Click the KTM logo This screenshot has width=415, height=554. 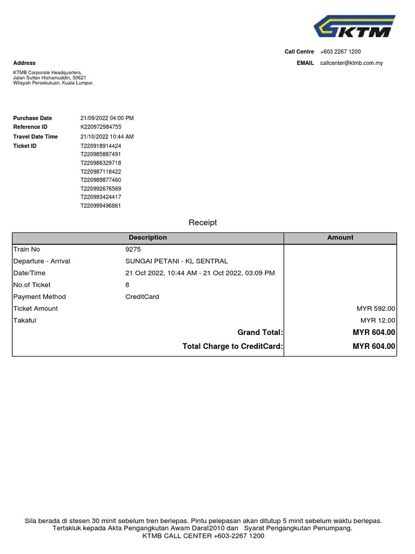354,27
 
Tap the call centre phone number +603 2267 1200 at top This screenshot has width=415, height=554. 340,52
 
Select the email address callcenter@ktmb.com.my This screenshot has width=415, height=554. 351,63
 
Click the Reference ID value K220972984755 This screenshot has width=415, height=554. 101,127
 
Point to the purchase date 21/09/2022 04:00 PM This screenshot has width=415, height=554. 107,118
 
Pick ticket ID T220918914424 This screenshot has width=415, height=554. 101,146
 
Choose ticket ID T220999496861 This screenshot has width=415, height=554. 101,206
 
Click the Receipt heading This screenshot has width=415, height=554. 203,222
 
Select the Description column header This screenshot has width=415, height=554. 148,238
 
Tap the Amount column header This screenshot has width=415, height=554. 340,238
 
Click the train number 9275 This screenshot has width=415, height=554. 133,249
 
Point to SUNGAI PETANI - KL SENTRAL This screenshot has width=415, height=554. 177,261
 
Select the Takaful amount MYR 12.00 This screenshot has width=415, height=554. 378,321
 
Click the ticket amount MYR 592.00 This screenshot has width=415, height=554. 376,309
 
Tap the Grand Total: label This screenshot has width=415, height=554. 260,333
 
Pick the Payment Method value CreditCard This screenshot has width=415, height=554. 142,297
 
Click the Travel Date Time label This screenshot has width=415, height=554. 36,137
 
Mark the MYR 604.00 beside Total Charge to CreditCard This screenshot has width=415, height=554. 374,346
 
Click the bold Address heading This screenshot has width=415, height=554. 24,63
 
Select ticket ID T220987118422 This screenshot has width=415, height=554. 101,172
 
